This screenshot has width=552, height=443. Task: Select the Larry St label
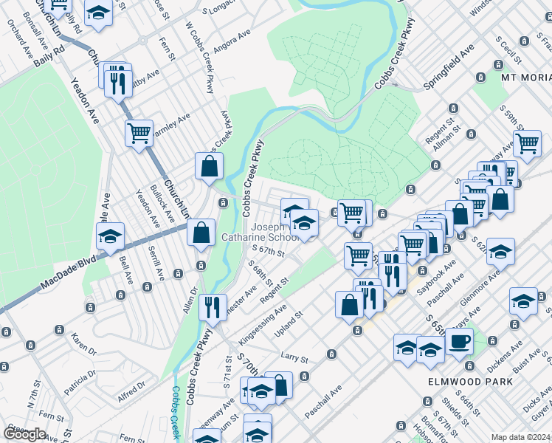tap(294, 358)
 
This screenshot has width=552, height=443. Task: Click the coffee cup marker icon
tap(459, 341)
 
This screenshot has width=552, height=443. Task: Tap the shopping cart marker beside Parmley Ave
tap(139, 134)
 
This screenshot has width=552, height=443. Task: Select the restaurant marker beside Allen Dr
tap(213, 306)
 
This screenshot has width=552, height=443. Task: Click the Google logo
tap(25, 434)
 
